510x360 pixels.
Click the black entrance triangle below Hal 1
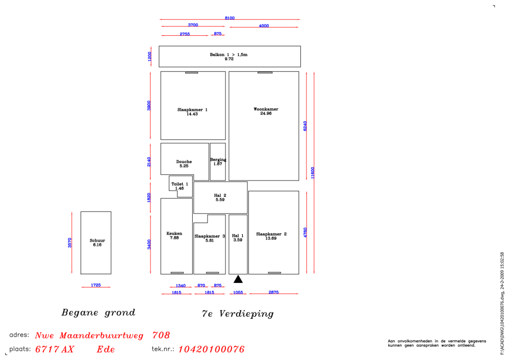[238, 279]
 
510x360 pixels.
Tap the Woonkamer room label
[266, 109]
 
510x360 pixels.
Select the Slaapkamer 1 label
[192, 110]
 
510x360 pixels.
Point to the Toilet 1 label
[180, 184]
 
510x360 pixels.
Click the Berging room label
[218, 160]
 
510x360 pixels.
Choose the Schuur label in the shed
[97, 241]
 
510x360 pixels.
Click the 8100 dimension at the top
[229, 18]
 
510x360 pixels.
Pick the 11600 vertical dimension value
[313, 173]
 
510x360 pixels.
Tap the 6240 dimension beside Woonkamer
[305, 126]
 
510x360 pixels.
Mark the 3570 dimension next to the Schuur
[69, 243]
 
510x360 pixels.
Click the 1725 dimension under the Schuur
[96, 285]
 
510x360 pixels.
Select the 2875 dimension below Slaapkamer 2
[273, 292]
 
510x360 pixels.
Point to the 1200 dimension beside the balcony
[149, 57]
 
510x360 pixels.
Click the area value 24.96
[266, 114]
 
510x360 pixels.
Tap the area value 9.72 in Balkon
[229, 59]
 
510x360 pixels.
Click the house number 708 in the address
[161, 335]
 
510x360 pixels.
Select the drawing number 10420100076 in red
[212, 349]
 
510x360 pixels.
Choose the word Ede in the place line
[106, 349]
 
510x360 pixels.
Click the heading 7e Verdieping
[238, 314]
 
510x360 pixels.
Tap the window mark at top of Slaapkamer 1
[192, 72]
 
